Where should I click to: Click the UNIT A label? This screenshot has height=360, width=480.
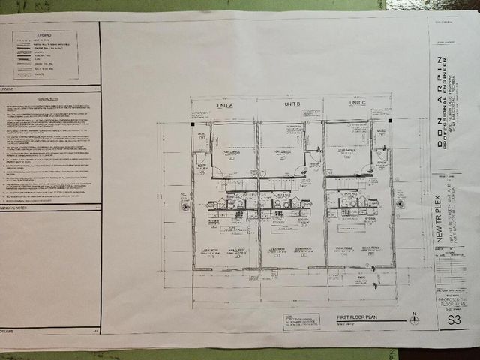click(x=225, y=105)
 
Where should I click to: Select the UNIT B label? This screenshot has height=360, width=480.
click(x=292, y=104)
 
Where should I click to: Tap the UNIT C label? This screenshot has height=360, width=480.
click(x=358, y=103)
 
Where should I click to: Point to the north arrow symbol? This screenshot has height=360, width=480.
click(x=413, y=319)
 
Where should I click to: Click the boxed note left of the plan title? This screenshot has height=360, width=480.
click(x=301, y=321)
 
